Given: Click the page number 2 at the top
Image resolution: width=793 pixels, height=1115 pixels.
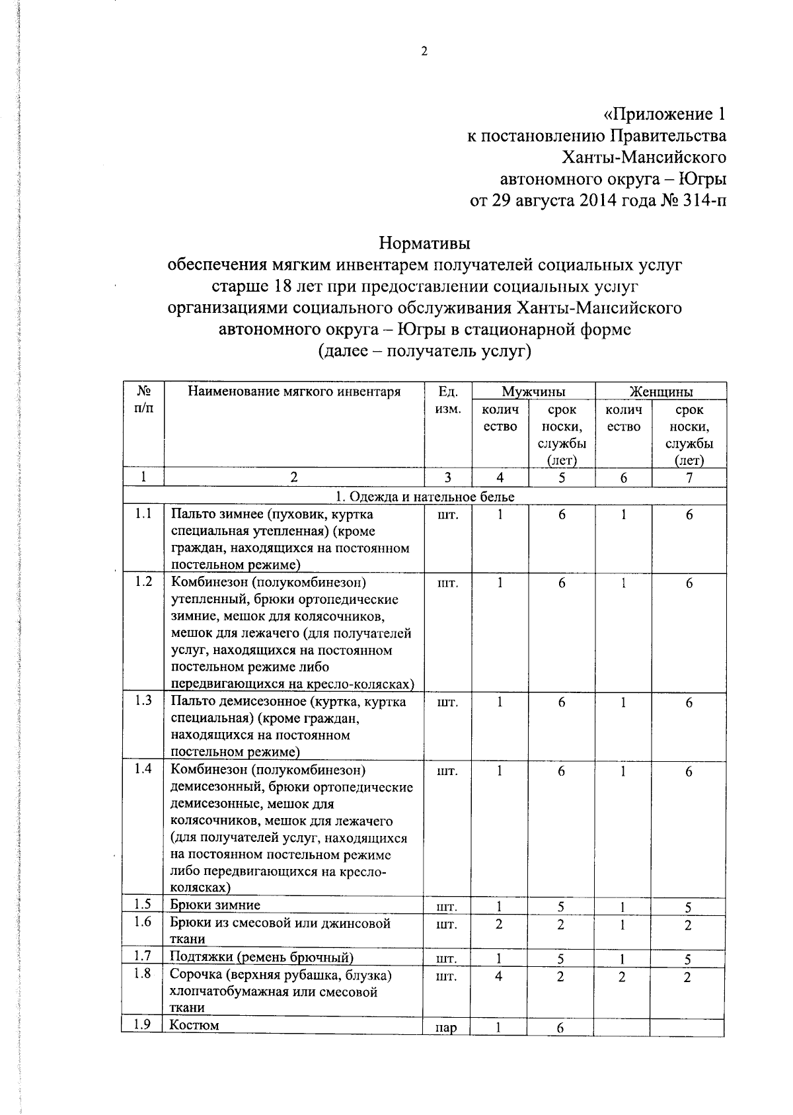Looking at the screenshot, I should click(424, 52).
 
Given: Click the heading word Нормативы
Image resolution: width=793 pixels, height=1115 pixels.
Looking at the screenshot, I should click(424, 243).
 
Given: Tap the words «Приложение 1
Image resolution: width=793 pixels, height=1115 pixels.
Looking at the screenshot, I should click(663, 114).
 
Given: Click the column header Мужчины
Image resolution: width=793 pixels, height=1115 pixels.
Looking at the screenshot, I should click(533, 392).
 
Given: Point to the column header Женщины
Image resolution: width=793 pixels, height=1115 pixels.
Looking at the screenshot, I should click(661, 392).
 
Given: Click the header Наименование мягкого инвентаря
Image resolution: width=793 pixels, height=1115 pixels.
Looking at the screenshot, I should click(294, 392).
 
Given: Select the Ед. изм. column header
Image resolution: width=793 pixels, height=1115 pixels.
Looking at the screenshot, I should click(448, 400).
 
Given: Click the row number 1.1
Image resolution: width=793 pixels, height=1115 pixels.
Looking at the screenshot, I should click(143, 514).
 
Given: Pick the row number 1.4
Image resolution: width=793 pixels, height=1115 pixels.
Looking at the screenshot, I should click(143, 768).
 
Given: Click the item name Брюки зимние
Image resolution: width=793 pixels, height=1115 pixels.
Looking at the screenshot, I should click(215, 905).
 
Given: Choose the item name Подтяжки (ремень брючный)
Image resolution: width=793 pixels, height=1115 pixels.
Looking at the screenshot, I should click(262, 957).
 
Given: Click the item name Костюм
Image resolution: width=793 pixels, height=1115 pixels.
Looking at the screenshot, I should click(194, 1025).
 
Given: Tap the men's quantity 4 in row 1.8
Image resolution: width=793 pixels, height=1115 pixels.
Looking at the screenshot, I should click(499, 976).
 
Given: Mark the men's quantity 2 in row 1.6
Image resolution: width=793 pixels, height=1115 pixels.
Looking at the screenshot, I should click(499, 924).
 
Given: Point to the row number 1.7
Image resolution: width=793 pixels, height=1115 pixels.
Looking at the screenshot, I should click(143, 956).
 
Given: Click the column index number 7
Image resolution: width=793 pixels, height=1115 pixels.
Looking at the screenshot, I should click(689, 477).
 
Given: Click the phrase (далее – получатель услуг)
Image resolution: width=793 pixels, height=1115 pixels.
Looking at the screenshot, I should click(424, 351).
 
